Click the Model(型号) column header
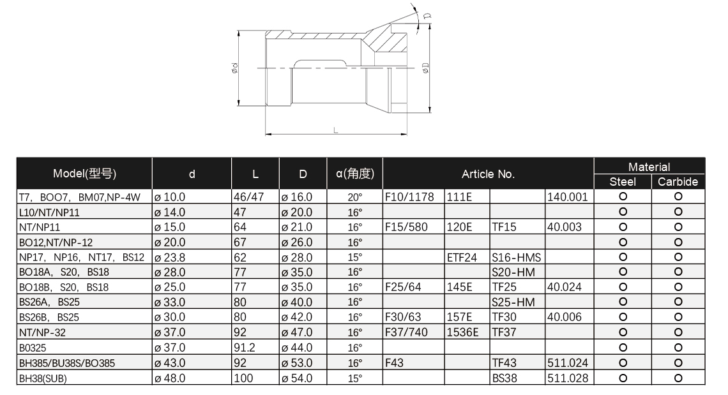coord(84,174)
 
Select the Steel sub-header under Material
coord(622,182)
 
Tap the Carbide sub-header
coord(678,182)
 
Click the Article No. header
coord(488,174)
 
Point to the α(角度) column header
coord(354,174)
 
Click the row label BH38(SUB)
coord(42,378)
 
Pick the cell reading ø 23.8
coord(170,257)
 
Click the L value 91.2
coord(245,348)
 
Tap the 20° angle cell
coord(354,197)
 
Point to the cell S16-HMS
coord(516,257)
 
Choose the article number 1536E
coord(462,332)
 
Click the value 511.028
coord(567,378)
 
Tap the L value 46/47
coord(248,197)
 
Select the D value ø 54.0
coord(297,378)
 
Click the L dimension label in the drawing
coord(336,130)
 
